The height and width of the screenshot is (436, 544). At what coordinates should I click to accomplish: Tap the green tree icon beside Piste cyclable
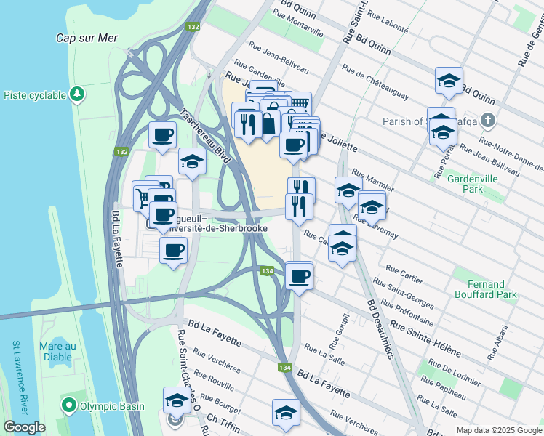click(x=76, y=94)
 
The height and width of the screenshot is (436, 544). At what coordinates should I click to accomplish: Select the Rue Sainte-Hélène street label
click(x=425, y=339)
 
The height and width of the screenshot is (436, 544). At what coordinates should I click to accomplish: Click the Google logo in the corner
click(x=24, y=427)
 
